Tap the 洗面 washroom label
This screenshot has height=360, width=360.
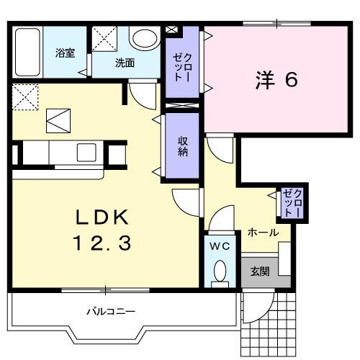click(x=125, y=63)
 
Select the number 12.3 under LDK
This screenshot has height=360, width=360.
click(x=101, y=245)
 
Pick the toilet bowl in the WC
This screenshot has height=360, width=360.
click(x=220, y=271)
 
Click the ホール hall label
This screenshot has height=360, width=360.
click(x=263, y=233)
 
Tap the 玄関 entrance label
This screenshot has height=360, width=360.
click(x=260, y=271)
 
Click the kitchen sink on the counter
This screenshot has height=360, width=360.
click(x=86, y=152)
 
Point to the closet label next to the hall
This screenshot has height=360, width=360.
click(x=293, y=202)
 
